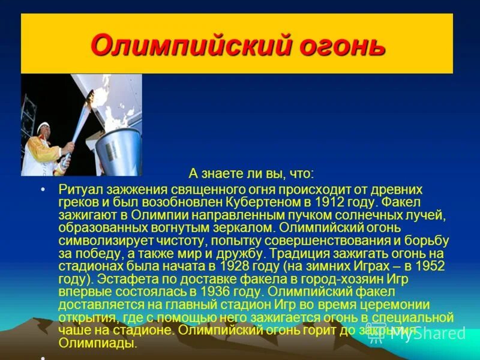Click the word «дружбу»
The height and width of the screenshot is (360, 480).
click(241, 254)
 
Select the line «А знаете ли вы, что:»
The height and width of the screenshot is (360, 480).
click(251, 174)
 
